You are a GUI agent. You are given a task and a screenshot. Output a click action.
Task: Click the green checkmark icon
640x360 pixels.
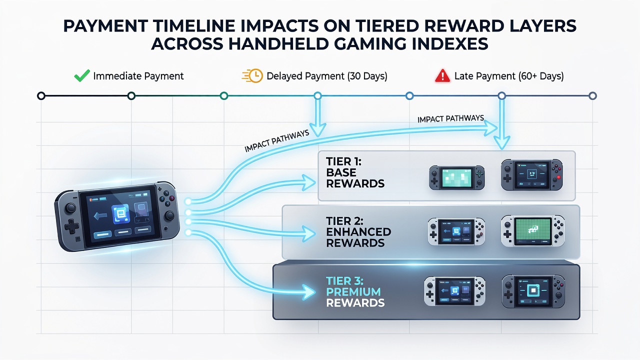click(x=81, y=75)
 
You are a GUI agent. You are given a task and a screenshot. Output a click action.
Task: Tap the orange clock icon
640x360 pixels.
click(x=253, y=75)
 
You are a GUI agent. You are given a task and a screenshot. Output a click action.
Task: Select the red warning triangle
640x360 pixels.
click(x=442, y=76)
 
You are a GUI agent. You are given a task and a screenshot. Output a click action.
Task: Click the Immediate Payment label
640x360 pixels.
click(x=138, y=76)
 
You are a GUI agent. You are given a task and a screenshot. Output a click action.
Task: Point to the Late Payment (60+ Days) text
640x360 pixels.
click(x=509, y=76)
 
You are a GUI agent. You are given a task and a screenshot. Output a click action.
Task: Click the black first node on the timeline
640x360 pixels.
click(x=41, y=95)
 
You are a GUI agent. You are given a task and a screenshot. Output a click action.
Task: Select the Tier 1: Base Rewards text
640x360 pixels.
click(x=355, y=172)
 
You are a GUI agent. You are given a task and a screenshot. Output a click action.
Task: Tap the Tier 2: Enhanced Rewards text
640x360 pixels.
click(x=358, y=232)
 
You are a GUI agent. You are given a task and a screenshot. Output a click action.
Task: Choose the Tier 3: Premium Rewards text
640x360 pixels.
click(x=355, y=291)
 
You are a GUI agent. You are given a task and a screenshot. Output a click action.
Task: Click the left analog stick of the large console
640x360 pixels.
click(x=70, y=208)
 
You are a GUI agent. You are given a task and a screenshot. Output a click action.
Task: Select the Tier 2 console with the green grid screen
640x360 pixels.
click(x=533, y=231)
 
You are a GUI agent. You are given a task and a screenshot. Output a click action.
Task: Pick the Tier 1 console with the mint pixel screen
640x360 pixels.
click(x=457, y=177)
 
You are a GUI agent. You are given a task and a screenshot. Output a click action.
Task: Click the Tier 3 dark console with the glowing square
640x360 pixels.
click(x=533, y=291)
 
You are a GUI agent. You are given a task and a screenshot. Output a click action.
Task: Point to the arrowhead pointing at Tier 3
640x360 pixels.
click(x=308, y=292)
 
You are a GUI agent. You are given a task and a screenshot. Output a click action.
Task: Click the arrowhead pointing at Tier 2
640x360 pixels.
click(x=308, y=233)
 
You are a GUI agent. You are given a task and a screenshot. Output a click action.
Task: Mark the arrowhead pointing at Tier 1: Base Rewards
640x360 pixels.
click(x=309, y=182)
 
